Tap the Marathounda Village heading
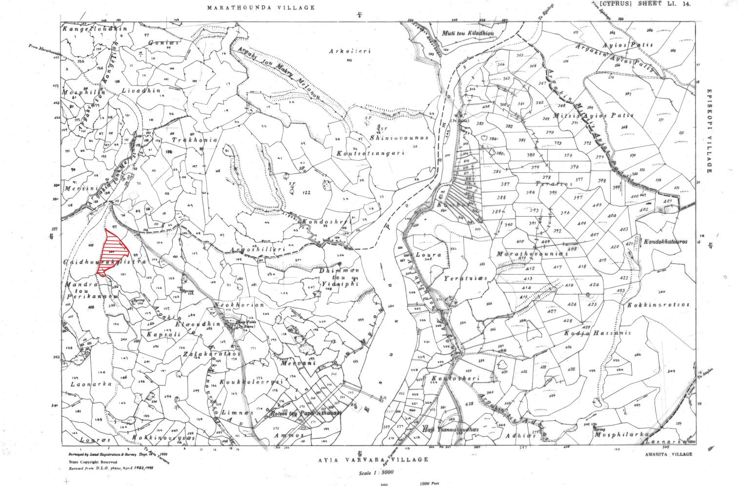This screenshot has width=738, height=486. click(260, 8)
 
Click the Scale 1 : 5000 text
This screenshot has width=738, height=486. click(376, 473)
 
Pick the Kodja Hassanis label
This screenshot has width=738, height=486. click(598, 333)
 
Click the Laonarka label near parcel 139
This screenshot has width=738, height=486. click(91, 384)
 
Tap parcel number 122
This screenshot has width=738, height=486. click(306, 193)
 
